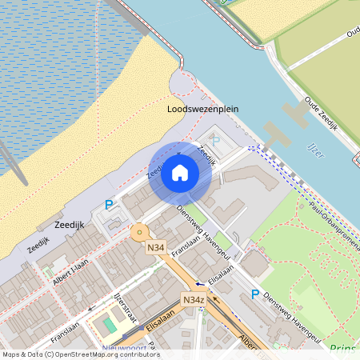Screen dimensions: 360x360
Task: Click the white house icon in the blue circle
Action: click(x=180, y=172)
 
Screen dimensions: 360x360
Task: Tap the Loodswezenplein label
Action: click(x=203, y=109)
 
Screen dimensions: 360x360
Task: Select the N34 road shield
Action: click(x=156, y=249)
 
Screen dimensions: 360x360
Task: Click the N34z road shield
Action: click(x=194, y=300)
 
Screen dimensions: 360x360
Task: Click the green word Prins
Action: click(x=342, y=348)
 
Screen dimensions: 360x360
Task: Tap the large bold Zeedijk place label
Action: click(x=70, y=226)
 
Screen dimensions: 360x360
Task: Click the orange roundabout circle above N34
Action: click(x=140, y=232)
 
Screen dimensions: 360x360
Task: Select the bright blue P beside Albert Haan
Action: click(x=109, y=206)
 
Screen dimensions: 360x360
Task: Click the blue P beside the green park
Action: click(x=255, y=294)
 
